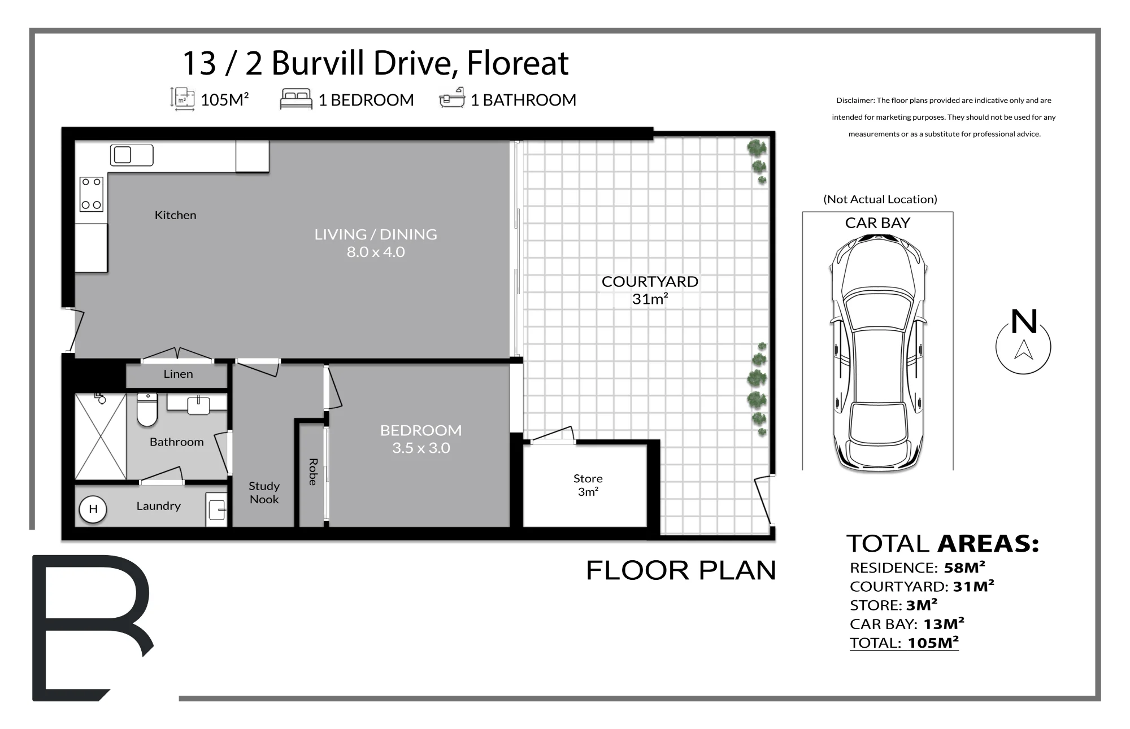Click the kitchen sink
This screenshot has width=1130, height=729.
(132, 155)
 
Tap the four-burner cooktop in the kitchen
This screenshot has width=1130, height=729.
(92, 194)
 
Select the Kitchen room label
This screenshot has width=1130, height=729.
(176, 215)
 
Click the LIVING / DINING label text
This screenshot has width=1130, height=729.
(376, 234)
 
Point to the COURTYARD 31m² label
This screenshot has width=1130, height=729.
(650, 290)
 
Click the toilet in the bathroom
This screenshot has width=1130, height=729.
(147, 409)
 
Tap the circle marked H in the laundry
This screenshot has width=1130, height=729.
(93, 509)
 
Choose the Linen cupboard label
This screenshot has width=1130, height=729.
(179, 374)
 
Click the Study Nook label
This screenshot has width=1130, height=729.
(264, 492)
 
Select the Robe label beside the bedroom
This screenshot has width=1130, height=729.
(312, 472)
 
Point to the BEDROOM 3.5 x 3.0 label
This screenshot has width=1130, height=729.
(421, 439)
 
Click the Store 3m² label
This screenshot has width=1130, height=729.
(588, 485)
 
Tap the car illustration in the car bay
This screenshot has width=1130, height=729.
(878, 352)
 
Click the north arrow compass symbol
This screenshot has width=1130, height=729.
(1023, 341)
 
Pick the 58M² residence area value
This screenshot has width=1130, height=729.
(964, 567)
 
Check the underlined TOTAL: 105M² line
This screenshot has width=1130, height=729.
(904, 643)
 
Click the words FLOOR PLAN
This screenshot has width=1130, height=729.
(681, 570)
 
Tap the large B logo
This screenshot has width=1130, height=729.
(92, 627)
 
